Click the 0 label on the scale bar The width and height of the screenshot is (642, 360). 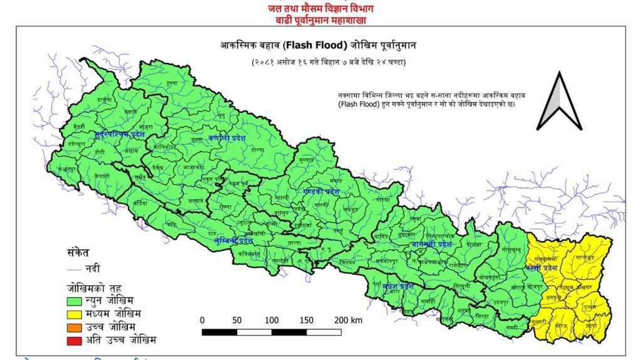pos(202,320)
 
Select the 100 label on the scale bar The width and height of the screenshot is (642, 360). pos(271,320)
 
